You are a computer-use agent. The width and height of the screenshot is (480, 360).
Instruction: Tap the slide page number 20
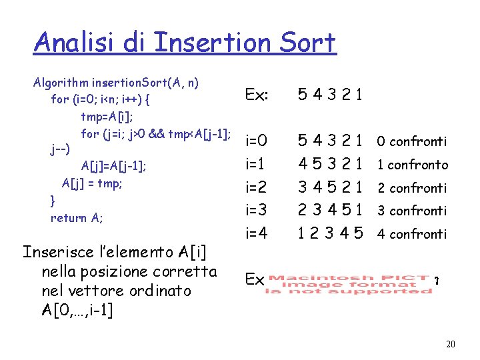(x=450, y=344)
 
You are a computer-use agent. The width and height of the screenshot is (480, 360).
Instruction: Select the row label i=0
(x=257, y=141)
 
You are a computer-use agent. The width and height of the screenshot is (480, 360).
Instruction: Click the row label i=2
(x=257, y=187)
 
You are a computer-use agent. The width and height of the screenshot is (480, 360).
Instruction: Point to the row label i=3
(x=257, y=210)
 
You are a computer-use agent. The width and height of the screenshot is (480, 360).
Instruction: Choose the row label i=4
(x=257, y=233)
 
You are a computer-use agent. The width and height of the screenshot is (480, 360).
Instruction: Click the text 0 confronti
(x=411, y=141)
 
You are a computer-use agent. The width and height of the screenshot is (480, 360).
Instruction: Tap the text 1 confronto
(x=413, y=165)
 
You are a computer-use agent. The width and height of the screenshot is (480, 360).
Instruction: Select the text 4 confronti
(x=411, y=234)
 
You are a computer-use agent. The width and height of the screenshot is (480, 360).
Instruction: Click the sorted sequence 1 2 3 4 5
(x=330, y=234)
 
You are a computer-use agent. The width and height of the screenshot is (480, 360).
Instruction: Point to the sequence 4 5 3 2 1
(x=330, y=164)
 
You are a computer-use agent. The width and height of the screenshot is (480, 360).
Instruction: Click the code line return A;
(x=77, y=217)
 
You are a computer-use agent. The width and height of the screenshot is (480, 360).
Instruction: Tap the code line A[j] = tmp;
(x=92, y=183)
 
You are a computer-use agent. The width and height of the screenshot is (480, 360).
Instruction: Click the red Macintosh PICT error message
(x=351, y=284)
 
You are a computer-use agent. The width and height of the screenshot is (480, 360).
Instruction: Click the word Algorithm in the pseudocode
(x=61, y=83)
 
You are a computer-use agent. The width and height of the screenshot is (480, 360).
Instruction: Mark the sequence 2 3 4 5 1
(x=330, y=210)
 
